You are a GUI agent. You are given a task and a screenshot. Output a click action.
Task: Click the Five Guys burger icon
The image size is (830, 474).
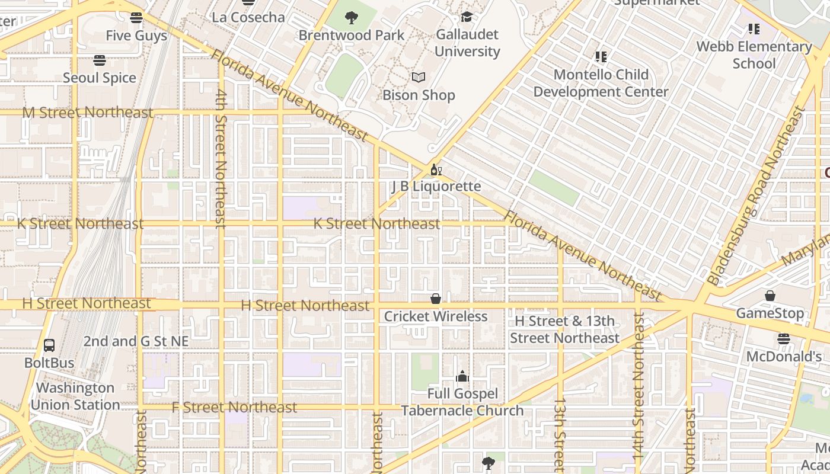coord(136,18)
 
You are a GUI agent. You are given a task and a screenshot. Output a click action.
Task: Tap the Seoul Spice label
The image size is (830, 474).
coord(100,78)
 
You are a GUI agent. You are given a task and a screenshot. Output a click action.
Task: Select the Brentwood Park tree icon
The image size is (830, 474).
coord(352,18)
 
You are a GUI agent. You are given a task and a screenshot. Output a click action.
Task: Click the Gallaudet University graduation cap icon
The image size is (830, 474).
coord(467,17)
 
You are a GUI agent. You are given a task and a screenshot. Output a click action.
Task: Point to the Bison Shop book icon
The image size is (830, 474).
coord(419,78)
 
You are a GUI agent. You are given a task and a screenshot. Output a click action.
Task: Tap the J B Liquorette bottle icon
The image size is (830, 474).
coord(436,171)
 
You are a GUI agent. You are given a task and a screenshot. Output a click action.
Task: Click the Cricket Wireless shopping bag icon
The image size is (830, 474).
coord(436,299)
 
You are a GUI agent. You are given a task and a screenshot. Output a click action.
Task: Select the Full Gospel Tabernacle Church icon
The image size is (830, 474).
coord(462,376)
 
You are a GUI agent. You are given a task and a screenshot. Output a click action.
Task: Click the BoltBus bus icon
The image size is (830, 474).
coord(49,345)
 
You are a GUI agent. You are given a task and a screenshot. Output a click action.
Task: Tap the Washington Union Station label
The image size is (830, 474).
coord(75,396)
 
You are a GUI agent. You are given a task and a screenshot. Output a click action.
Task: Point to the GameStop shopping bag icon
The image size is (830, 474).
coord(770,295)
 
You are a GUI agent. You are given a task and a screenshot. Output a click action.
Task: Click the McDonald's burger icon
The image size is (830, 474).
coord(784,339)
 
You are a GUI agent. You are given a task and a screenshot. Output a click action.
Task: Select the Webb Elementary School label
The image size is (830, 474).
coord(754,55)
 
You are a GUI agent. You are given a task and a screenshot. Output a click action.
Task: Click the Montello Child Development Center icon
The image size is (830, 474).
coord(601,57)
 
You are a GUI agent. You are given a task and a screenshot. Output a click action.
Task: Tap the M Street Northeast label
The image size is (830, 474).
coord(88,112)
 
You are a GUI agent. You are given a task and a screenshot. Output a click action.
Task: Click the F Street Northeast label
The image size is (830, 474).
coord(234,408)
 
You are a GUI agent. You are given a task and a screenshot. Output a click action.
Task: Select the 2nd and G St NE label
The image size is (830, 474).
coord(136,341)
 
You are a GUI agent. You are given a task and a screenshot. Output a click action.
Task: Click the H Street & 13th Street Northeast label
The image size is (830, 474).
coord(564,329)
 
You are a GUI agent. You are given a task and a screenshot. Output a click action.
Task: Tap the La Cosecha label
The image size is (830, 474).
coord(248,17)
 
